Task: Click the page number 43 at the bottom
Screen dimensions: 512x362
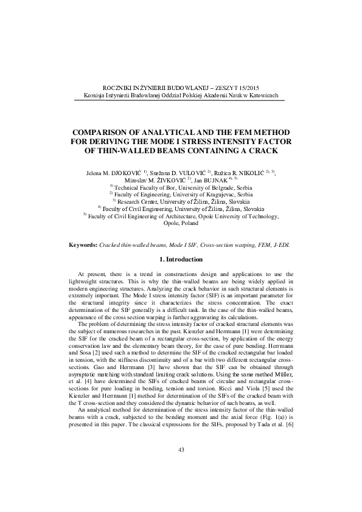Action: click(x=181, y=466)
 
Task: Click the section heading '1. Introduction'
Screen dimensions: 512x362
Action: click(x=181, y=260)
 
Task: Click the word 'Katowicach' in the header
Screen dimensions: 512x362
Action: click(x=263, y=96)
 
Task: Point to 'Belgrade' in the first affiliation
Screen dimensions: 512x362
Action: click(x=208, y=187)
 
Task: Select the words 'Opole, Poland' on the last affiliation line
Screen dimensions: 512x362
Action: click(x=181, y=223)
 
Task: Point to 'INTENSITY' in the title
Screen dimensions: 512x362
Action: click(x=248, y=141)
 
